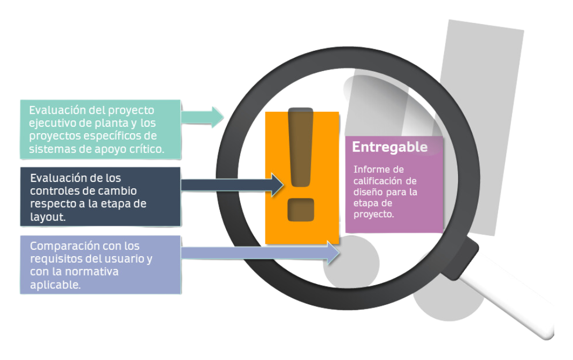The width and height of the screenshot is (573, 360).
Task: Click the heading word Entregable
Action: [x=389, y=147]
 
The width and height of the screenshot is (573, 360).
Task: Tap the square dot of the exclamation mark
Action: [x=300, y=210]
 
